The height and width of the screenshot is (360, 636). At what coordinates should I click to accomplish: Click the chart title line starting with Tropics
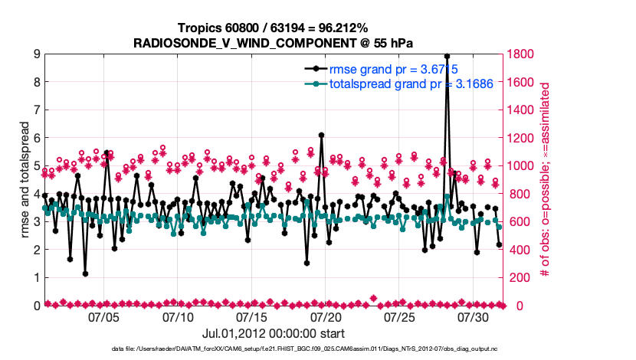(x=274, y=28)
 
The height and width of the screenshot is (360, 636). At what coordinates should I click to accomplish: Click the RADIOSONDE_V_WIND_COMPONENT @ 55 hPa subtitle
(x=274, y=43)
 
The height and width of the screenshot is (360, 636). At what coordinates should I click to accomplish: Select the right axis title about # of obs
(x=546, y=180)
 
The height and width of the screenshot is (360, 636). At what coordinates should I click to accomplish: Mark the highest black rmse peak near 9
(x=447, y=56)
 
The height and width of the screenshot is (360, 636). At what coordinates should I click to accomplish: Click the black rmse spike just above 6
(x=321, y=135)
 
